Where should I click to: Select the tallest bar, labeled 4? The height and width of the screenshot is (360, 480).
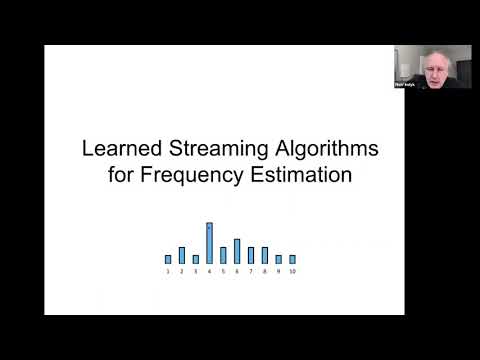[x=209, y=243]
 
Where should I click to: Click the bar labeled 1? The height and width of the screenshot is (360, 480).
[x=168, y=259]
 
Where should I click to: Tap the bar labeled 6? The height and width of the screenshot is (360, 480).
[x=237, y=251]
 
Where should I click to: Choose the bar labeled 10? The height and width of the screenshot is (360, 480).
[x=292, y=259]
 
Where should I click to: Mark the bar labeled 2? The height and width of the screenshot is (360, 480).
[x=182, y=255]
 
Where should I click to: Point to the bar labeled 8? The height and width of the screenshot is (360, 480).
[x=264, y=255]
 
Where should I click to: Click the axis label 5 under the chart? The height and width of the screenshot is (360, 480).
[x=223, y=272]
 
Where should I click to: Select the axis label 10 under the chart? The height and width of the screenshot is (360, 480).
[x=292, y=272]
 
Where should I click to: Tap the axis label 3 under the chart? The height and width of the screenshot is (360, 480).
[x=196, y=272]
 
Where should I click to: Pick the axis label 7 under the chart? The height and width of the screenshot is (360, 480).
[x=251, y=272]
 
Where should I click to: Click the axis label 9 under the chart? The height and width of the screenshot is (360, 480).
[x=278, y=272]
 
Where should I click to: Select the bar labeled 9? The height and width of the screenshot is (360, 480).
[x=278, y=259]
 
